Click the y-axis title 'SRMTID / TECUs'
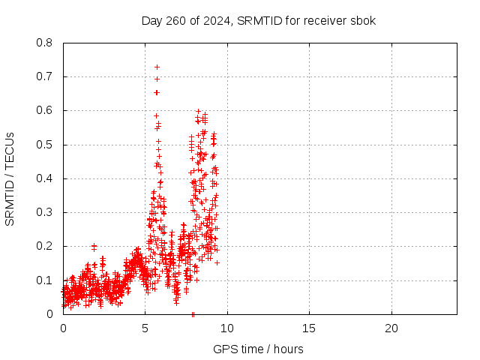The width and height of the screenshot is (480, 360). (10, 178)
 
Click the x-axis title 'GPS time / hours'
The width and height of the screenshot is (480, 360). (258, 349)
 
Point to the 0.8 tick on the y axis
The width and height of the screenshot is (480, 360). (45, 43)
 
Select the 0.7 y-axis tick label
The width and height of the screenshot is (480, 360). (45, 76)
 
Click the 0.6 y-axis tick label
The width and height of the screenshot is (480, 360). (45, 110)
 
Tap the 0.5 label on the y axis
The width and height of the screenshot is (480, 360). (45, 145)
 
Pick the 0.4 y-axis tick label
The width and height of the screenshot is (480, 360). (45, 178)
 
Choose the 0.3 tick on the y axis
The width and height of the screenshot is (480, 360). (45, 212)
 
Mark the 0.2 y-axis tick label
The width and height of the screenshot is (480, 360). (45, 246)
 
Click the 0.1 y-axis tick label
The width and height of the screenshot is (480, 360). (45, 280)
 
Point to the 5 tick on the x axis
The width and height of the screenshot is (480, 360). (145, 328)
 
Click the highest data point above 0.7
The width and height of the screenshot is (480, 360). (157, 67)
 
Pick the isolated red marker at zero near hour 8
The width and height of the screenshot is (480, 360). (193, 314)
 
